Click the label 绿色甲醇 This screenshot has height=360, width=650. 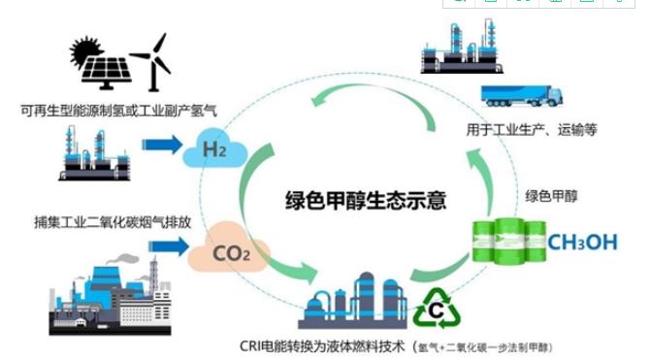click(550, 195)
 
